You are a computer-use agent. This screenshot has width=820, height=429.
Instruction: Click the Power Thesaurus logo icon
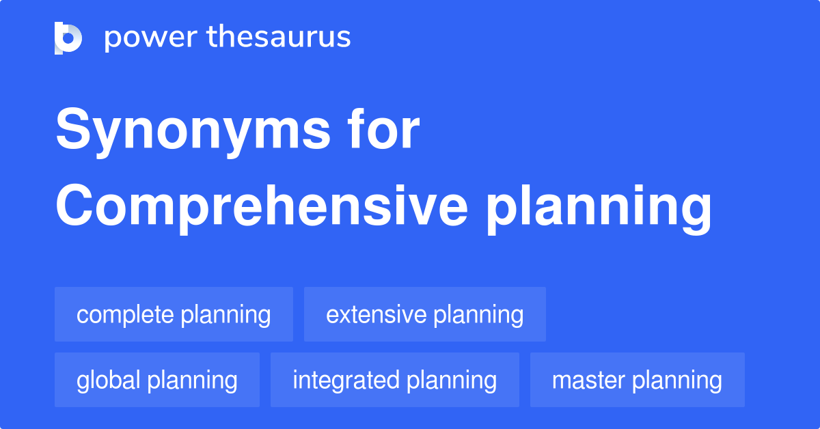[x=68, y=38]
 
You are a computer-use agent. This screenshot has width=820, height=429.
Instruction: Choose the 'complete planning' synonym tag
[x=174, y=315]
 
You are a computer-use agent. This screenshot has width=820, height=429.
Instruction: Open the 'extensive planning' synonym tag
[x=424, y=315]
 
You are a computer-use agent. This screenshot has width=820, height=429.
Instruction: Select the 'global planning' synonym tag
[x=156, y=380]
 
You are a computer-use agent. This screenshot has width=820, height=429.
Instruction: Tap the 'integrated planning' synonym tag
[x=394, y=380]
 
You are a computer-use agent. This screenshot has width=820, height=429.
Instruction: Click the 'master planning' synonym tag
[x=637, y=380]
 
